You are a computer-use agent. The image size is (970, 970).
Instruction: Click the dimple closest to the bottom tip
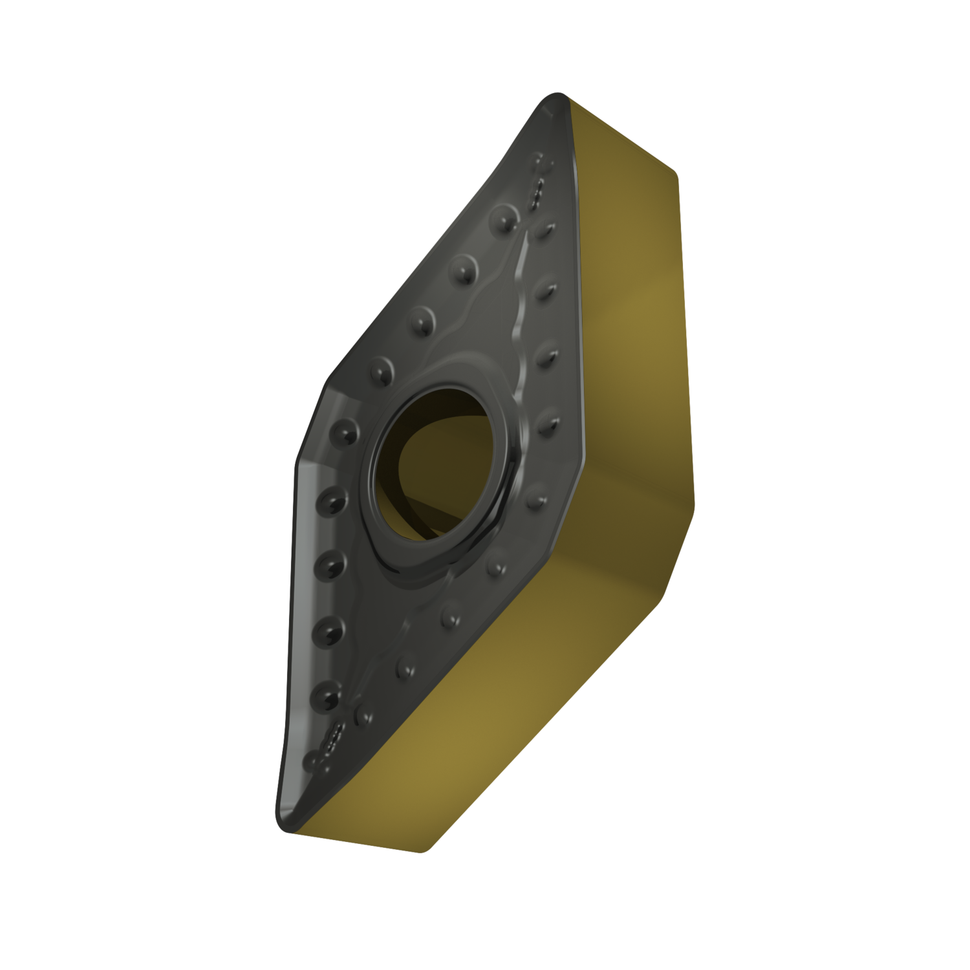(313, 758)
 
